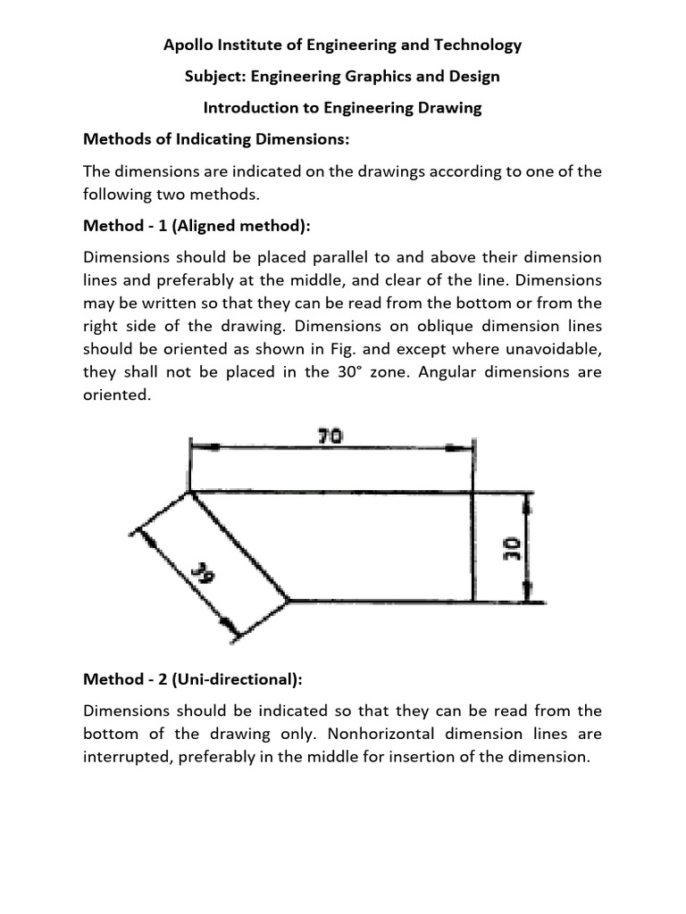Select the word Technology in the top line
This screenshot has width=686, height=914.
click(479, 45)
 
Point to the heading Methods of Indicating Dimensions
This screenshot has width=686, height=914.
click(218, 139)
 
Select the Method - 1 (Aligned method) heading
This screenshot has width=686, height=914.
click(196, 226)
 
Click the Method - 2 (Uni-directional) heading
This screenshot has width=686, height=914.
click(192, 679)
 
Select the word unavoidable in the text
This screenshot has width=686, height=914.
click(554, 349)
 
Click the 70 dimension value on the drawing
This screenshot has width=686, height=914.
click(330, 436)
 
